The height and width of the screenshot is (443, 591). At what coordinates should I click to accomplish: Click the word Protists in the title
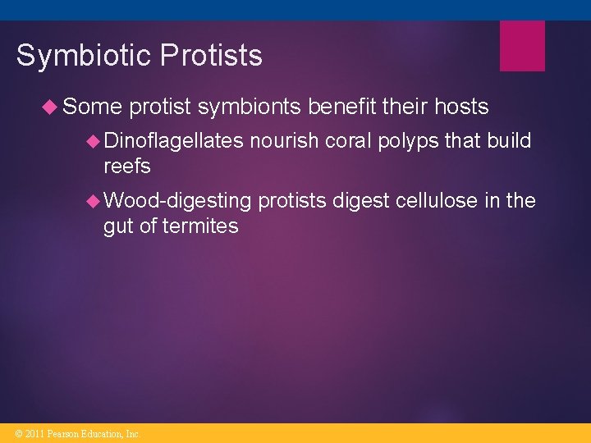[x=212, y=56]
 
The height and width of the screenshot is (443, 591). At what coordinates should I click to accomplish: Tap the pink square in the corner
[x=522, y=46]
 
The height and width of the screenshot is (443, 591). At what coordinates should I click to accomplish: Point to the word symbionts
[x=248, y=107]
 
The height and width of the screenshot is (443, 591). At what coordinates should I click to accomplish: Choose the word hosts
[x=450, y=107]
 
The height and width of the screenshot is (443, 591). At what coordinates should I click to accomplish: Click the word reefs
[x=127, y=167]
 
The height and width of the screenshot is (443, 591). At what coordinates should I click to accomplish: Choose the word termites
[x=200, y=226]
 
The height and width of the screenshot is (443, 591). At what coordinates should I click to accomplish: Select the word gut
[x=118, y=226]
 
